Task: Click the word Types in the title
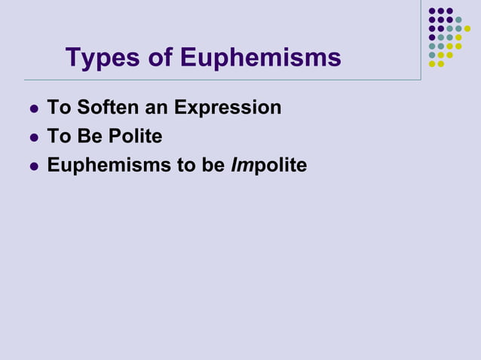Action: [100, 58]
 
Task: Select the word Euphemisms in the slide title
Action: [259, 58]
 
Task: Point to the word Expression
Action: [228, 108]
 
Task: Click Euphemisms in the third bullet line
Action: [109, 165]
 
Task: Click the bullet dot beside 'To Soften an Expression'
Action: [32, 109]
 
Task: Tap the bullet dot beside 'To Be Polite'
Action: [32, 138]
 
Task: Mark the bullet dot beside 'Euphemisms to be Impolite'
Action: [32, 166]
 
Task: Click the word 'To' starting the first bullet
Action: [57, 108]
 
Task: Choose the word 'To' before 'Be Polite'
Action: [57, 136]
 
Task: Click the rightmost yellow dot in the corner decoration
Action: [467, 29]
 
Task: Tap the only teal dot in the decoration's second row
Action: [458, 20]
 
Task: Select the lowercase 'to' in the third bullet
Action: [186, 165]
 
